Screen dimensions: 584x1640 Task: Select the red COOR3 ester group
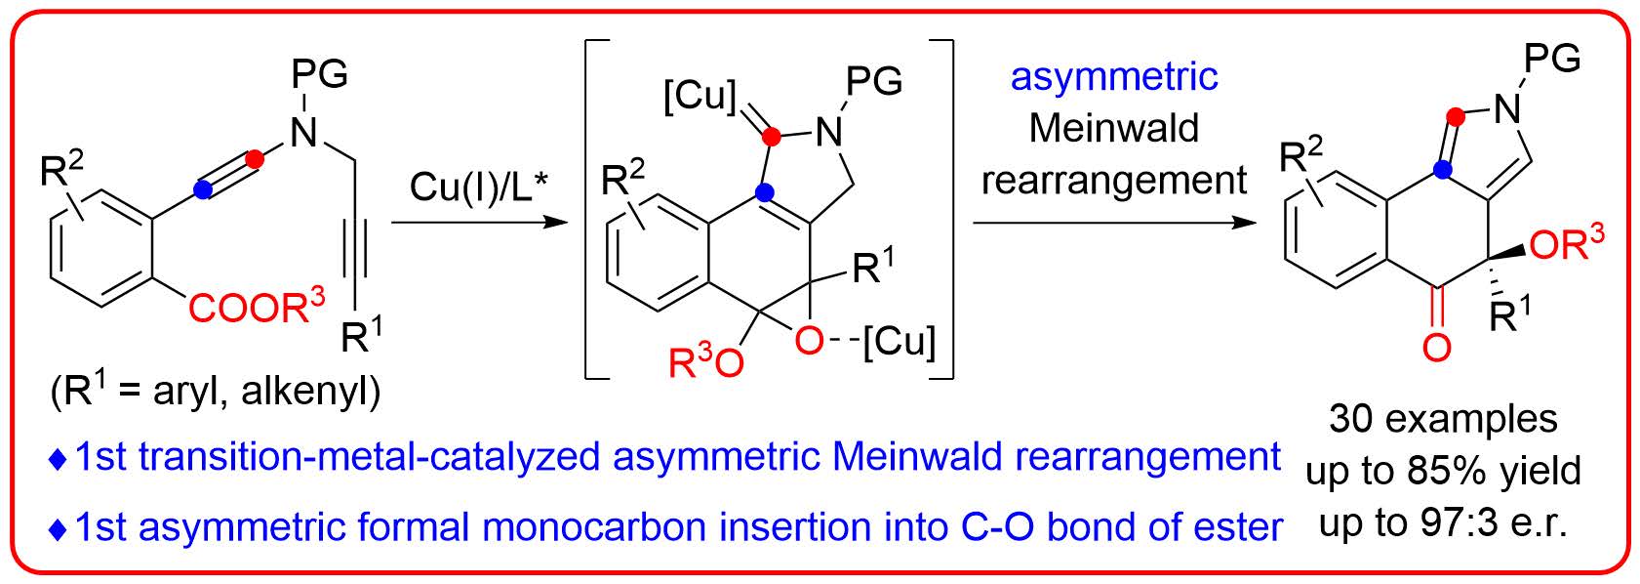point(256,309)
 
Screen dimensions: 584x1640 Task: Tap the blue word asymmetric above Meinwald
point(1114,77)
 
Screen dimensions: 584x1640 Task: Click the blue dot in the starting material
point(202,192)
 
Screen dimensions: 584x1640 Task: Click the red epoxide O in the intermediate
point(808,341)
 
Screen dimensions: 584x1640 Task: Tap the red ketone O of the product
point(1436,347)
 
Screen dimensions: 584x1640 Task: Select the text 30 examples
point(1443,419)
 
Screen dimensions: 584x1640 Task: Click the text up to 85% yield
point(1443,472)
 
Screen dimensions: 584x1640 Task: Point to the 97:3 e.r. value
point(1492,524)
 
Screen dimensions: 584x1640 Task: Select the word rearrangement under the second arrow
point(1114,180)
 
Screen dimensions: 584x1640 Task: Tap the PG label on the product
point(1551,60)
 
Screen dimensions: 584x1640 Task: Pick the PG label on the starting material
point(320,74)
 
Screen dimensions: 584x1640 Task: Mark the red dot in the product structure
point(1457,117)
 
